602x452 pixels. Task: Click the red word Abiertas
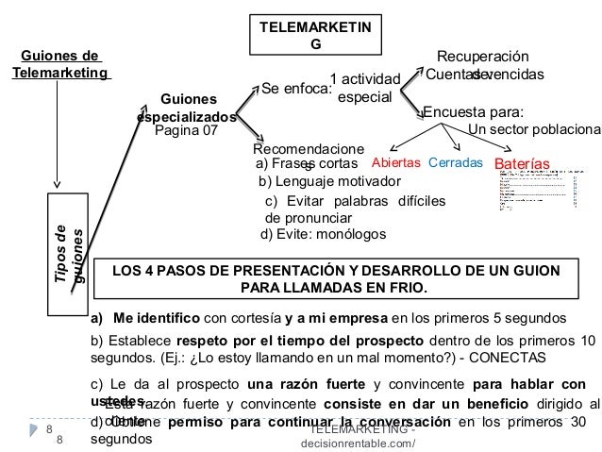[395, 162]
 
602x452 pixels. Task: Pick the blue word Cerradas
[455, 162]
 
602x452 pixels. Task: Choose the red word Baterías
[522, 163]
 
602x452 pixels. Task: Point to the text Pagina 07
[185, 131]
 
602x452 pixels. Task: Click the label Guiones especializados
[187, 107]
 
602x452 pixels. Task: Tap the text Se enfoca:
[294, 90]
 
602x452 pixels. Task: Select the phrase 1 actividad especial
[365, 88]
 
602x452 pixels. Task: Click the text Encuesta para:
[473, 110]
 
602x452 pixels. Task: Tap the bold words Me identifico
[156, 317]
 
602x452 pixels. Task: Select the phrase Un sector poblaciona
[534, 130]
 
